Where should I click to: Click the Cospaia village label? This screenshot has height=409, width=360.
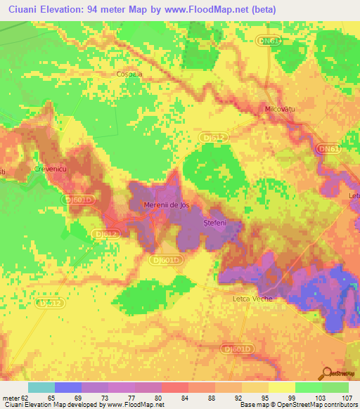129,73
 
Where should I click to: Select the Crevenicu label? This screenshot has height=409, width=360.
49,169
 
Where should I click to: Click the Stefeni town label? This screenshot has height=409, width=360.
214,223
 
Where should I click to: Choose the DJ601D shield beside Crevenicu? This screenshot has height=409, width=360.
76,200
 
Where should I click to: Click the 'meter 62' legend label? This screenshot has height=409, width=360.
15,397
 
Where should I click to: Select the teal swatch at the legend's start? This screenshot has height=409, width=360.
41,387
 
